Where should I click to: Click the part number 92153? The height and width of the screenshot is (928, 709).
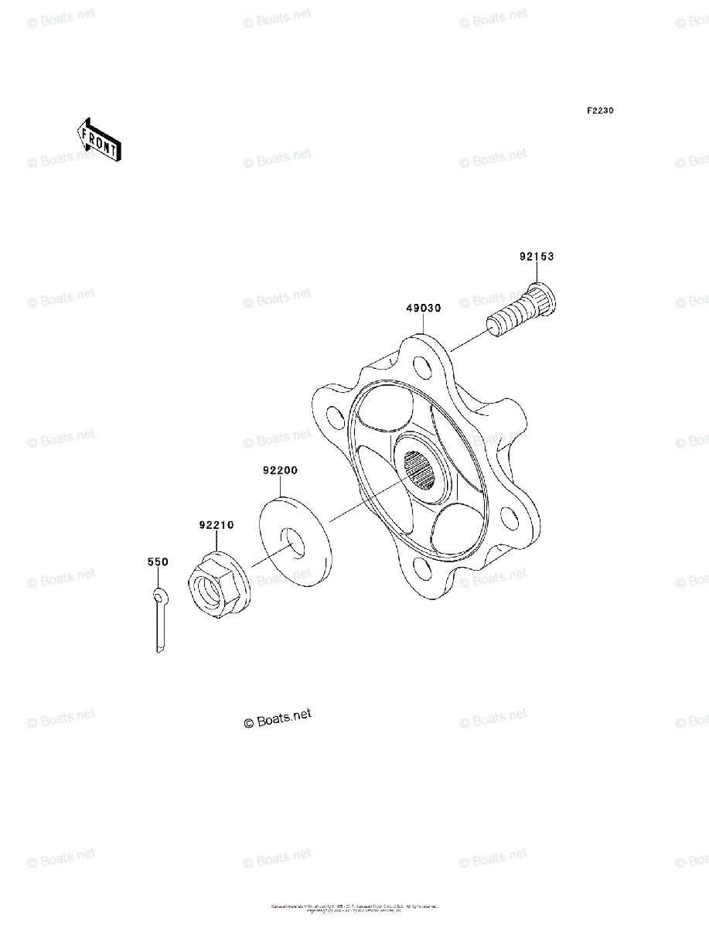pyautogui.click(x=536, y=257)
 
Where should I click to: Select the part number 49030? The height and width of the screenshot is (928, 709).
pyautogui.click(x=423, y=308)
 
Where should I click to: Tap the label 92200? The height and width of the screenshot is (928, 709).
pyautogui.click(x=280, y=469)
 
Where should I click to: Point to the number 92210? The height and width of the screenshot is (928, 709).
pyautogui.click(x=216, y=525)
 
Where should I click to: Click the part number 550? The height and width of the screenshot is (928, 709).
pyautogui.click(x=157, y=563)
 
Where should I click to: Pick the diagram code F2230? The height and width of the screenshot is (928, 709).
pyautogui.click(x=599, y=111)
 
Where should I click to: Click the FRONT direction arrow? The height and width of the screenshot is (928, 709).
pyautogui.click(x=97, y=138)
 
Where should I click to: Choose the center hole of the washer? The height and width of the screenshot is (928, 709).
pyautogui.click(x=293, y=541)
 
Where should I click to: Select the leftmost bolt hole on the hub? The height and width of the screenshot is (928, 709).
pyautogui.click(x=335, y=418)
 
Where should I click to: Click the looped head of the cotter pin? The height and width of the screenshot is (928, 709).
pyautogui.click(x=159, y=595)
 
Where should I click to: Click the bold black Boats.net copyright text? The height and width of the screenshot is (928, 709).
pyautogui.click(x=278, y=718)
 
